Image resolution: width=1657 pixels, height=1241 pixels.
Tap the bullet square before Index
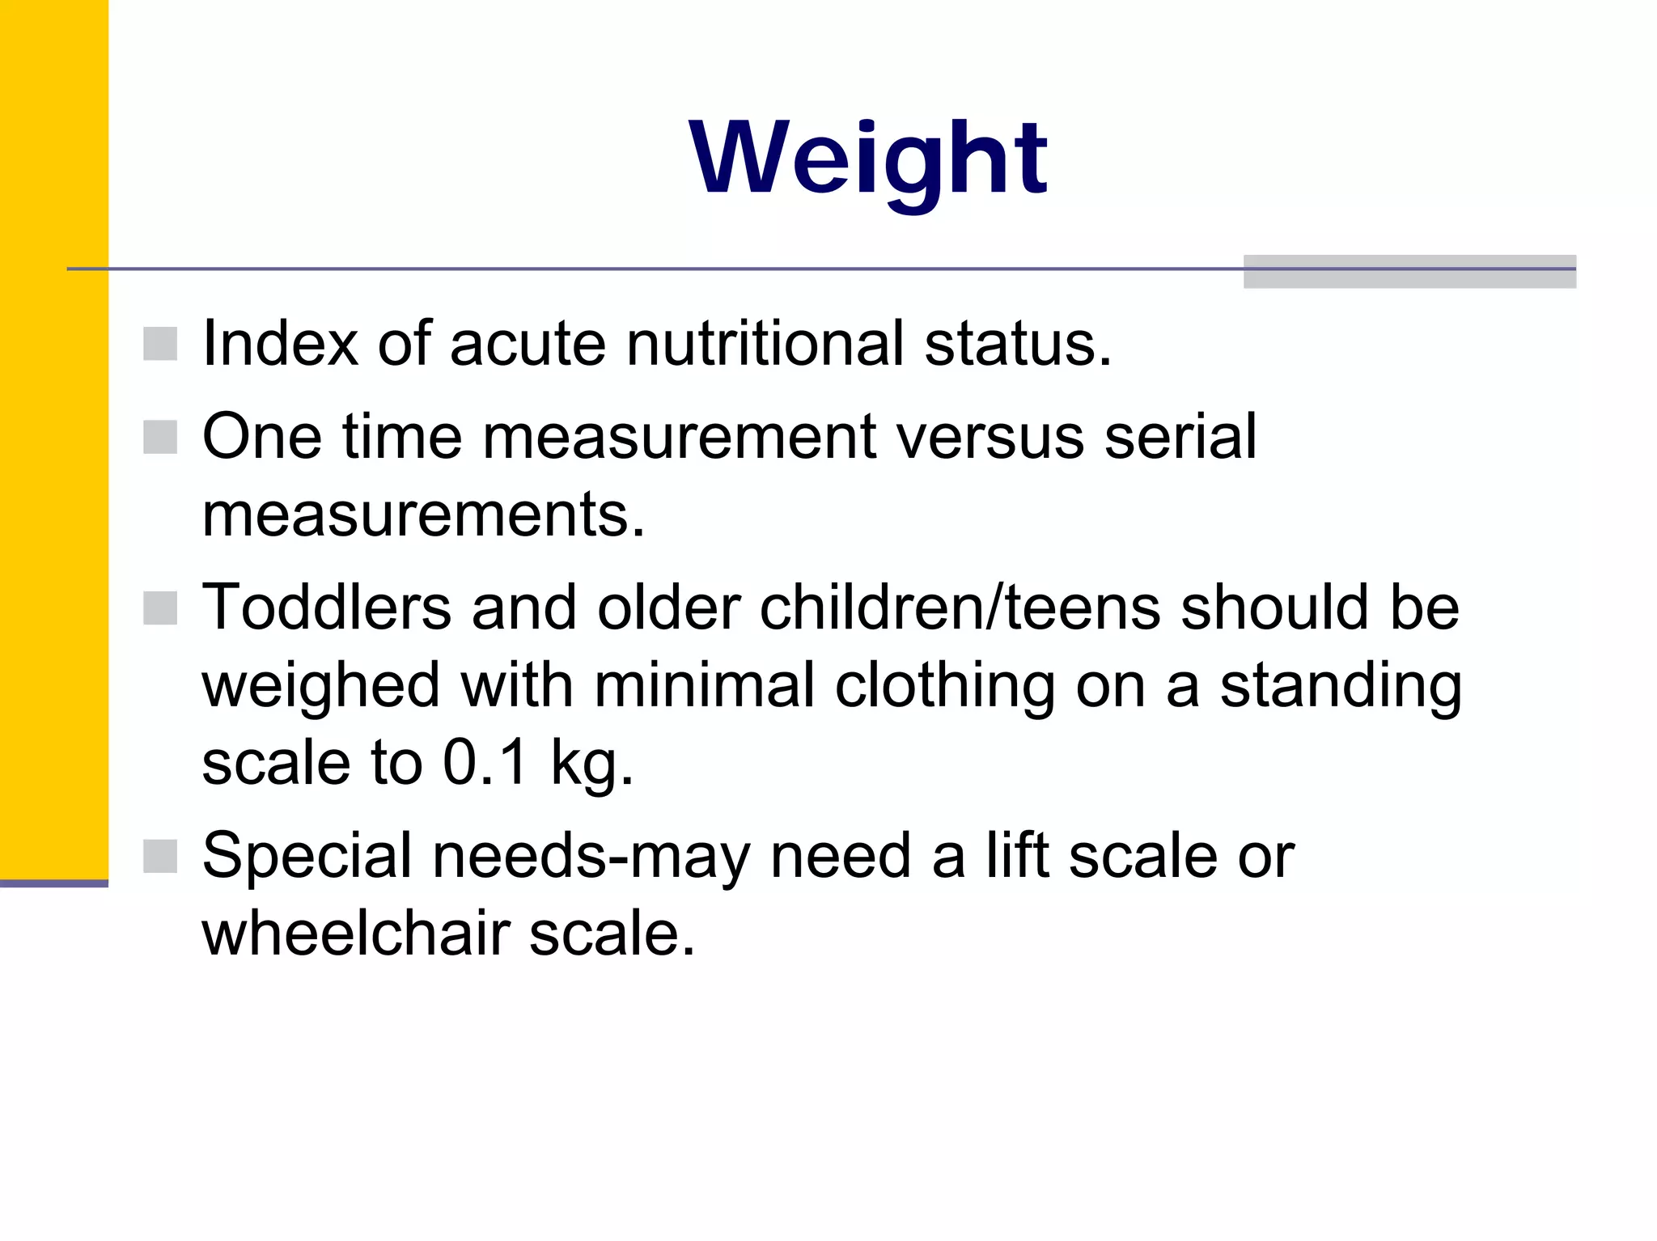160,344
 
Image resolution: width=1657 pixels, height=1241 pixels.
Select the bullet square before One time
160,437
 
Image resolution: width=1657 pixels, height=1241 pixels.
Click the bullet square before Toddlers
160,608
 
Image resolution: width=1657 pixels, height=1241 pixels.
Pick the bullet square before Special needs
160,856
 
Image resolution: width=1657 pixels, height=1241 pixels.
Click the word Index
279,343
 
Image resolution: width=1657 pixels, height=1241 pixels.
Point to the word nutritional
765,343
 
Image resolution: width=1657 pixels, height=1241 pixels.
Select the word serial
1180,437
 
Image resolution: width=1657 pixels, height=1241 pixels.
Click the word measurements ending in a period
423,515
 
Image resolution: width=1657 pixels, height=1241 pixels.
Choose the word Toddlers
326,607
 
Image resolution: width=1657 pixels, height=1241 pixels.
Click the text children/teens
960,607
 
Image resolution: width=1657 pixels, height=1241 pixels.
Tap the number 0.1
485,762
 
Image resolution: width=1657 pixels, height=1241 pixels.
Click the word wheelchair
355,934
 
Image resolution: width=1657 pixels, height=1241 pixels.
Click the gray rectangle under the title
1409,272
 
